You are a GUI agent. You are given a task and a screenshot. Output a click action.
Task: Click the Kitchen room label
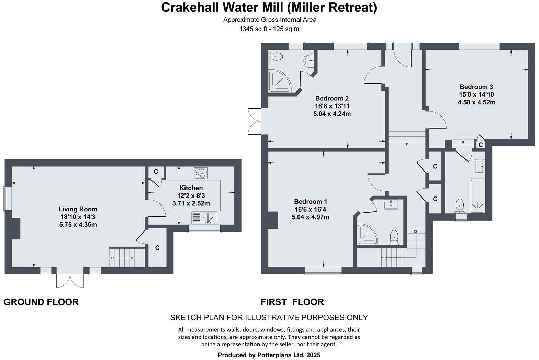191,188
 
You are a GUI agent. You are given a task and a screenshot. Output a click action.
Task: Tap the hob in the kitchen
201,173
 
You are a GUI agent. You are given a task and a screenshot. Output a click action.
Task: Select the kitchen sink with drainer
204,217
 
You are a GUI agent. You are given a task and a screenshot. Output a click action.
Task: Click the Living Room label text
78,209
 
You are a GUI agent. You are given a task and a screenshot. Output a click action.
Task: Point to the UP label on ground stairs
111,258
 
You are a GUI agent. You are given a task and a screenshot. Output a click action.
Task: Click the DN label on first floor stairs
416,232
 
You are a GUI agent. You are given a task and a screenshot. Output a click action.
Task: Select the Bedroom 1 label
310,202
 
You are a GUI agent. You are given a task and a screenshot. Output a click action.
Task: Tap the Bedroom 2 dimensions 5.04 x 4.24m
332,114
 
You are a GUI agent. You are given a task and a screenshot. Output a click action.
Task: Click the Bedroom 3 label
476,87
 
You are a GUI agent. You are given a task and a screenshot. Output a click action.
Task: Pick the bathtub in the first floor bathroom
477,196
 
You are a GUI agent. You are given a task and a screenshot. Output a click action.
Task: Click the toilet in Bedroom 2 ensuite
276,56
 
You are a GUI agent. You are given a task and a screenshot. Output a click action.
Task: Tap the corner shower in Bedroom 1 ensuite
366,235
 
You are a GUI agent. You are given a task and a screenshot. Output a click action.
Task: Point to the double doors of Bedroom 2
254,120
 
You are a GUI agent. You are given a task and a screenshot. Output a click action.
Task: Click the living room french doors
70,280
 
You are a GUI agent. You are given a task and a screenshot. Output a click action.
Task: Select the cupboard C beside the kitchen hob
156,171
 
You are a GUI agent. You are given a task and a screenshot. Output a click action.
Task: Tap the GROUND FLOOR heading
41,302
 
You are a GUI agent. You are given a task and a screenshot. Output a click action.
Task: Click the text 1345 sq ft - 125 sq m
269,29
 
